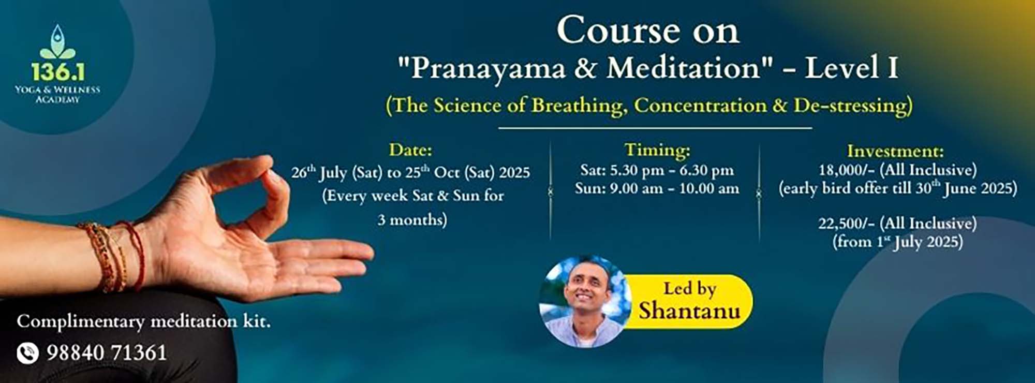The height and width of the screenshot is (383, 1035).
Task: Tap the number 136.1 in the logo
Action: click(57, 72)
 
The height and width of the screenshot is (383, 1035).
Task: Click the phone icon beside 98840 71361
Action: click(27, 353)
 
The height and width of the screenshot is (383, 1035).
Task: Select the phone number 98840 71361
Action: click(107, 353)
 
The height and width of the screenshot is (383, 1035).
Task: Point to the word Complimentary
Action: click(81, 322)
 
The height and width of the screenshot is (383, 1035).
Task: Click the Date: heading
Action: click(410, 150)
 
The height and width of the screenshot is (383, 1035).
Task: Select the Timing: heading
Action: click(657, 150)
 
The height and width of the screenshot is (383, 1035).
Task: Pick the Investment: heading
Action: click(895, 151)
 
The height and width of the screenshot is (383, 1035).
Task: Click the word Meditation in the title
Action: click(683, 68)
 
